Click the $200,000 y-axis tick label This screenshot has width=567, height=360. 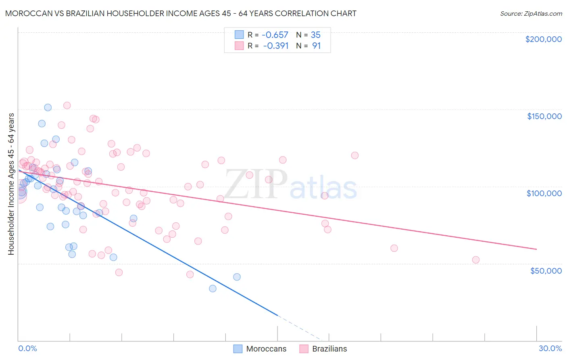[543, 39]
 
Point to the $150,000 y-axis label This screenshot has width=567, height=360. [544, 116]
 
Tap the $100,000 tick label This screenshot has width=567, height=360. [544, 193]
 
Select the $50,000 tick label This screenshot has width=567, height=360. [546, 270]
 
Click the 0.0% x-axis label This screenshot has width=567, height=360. [27, 348]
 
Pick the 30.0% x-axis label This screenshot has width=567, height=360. [550, 348]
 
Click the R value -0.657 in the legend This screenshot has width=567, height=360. [275, 35]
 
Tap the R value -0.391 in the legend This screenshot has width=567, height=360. [275, 46]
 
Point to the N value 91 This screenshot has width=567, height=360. [316, 46]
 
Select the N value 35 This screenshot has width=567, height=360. [315, 35]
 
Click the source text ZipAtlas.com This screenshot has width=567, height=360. [531, 13]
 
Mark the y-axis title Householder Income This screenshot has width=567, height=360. [11, 184]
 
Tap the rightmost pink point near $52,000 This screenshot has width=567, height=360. [476, 260]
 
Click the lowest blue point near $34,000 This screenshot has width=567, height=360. [213, 289]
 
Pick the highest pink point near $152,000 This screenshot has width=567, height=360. [67, 105]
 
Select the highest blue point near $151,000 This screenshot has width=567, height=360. [48, 107]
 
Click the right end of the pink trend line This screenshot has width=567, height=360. [536, 249]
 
